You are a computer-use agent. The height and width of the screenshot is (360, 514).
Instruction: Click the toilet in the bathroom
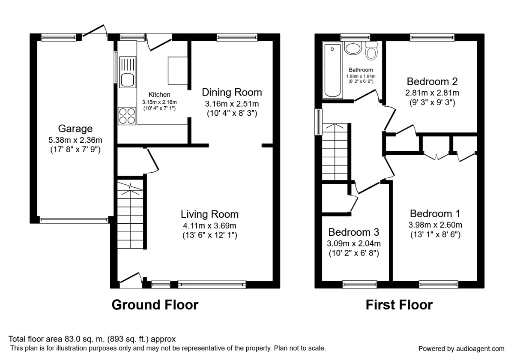coord(371,52)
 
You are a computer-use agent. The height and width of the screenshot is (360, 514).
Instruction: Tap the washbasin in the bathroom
coord(353,48)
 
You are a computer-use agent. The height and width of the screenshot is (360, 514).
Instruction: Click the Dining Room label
coord(232,92)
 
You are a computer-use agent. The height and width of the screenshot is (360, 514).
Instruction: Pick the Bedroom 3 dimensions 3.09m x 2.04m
coord(354,243)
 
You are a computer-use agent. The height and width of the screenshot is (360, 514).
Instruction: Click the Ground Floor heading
coord(155,305)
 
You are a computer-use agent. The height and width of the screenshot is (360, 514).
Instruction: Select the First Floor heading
coord(399,305)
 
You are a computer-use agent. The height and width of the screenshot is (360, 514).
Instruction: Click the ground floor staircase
coord(130,216)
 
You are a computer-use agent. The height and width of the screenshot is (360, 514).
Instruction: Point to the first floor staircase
coord(335,152)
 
